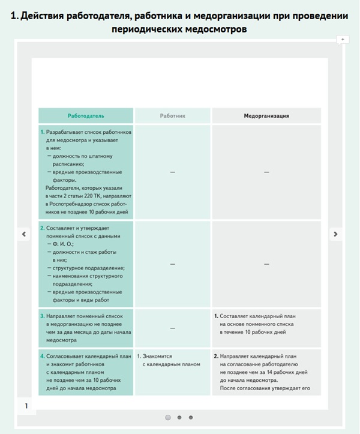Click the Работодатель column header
point(86,115)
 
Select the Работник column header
point(172,115)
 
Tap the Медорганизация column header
point(266,115)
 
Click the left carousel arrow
point(23,234)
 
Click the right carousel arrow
point(335,234)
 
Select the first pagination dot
point(168,417)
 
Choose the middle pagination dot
point(179,417)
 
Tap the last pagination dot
point(191,417)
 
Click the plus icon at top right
point(343,40)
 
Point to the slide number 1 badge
point(26,406)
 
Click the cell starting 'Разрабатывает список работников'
point(86,172)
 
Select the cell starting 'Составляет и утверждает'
point(86,264)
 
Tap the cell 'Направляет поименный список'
point(86,328)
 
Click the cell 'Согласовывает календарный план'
point(86,372)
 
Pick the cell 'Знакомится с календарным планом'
point(172,360)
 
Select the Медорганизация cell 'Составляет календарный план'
point(266,324)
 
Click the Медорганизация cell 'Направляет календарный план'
point(266,372)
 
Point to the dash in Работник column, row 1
point(172,172)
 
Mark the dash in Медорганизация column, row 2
point(266,264)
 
